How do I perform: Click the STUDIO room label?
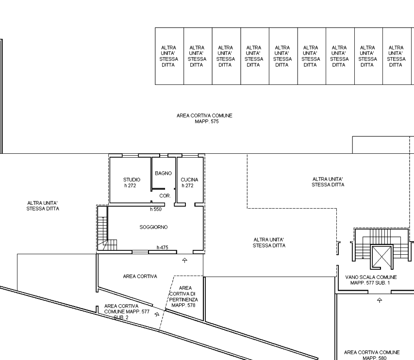(x=132, y=180)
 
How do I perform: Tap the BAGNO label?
(x=163, y=173)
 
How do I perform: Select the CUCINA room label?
(x=189, y=180)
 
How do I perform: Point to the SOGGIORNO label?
(x=153, y=227)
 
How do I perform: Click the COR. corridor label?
(x=165, y=196)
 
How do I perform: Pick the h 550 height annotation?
(x=155, y=209)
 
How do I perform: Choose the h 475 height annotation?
(x=163, y=247)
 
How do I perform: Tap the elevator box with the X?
(x=381, y=257)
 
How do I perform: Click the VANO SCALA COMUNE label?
(x=371, y=278)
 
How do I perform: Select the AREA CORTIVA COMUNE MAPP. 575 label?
(x=204, y=118)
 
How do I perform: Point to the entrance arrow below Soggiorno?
(x=184, y=261)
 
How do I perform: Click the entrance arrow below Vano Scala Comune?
(x=380, y=300)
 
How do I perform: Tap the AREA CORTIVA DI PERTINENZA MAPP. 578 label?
(x=183, y=296)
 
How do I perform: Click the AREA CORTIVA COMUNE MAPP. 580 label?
(x=372, y=355)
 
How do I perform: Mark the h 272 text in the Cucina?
(x=187, y=185)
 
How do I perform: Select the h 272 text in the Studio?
(x=130, y=185)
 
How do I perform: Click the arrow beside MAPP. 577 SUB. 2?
(x=157, y=314)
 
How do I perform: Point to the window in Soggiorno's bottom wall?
(x=140, y=252)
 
